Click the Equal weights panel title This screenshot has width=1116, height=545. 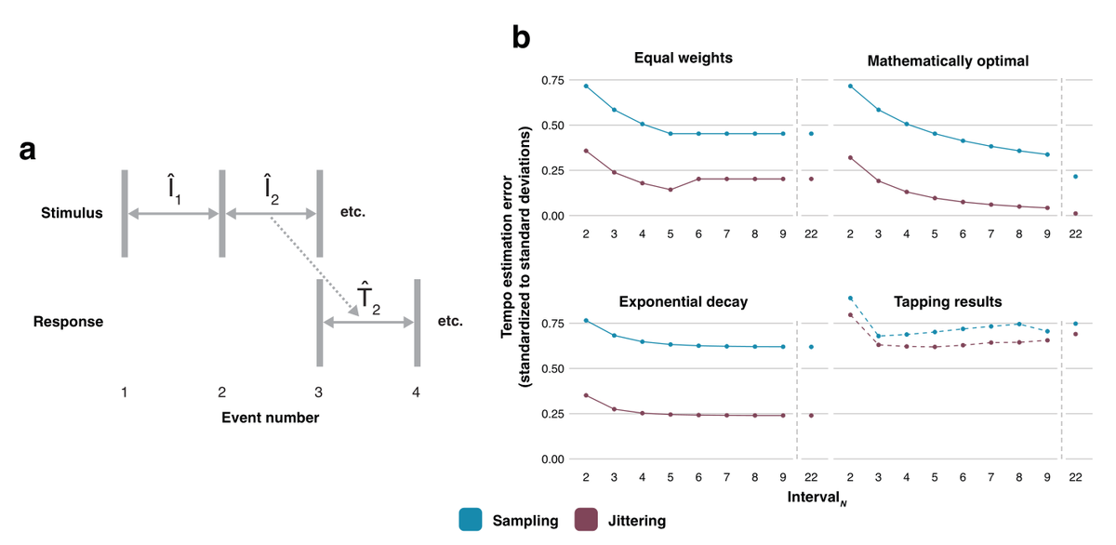(683, 59)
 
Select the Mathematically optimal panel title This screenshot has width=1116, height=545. (948, 62)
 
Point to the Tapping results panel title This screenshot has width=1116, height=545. (948, 301)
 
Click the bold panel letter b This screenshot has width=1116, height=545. (522, 37)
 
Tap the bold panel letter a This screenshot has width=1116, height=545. (29, 149)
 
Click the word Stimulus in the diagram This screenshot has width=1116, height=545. (72, 214)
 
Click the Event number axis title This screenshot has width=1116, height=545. (270, 418)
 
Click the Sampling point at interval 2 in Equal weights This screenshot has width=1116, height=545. (586, 86)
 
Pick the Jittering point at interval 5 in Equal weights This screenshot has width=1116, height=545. (671, 190)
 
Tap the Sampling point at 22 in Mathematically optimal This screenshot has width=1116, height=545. (1075, 177)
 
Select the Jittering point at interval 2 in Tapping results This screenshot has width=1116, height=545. (851, 315)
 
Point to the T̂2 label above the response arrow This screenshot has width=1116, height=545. (368, 297)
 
